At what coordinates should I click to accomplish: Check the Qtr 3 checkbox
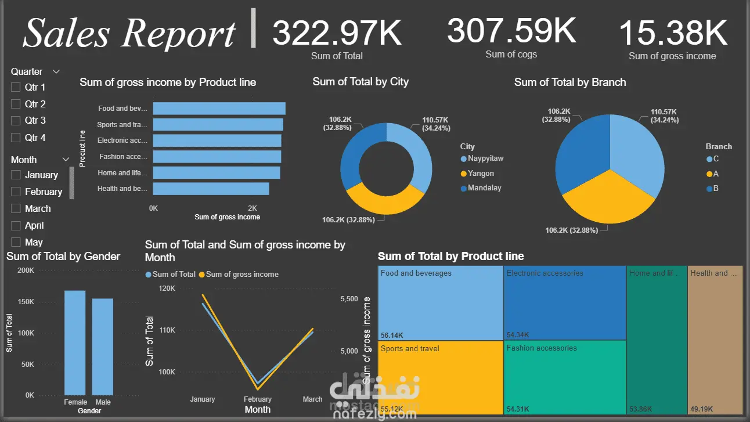tap(16, 121)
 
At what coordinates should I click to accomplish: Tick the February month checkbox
tap(16, 192)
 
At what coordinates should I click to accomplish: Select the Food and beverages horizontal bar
tap(219, 109)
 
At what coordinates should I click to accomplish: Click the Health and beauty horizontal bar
tap(211, 189)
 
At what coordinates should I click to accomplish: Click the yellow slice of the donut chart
tap(384, 201)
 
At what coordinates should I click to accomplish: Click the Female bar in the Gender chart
tap(75, 342)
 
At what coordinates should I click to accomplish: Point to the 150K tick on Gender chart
tap(26, 302)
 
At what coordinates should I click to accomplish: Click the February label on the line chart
tap(258, 399)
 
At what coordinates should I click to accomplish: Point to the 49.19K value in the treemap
tap(701, 409)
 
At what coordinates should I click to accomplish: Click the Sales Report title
tap(129, 33)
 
